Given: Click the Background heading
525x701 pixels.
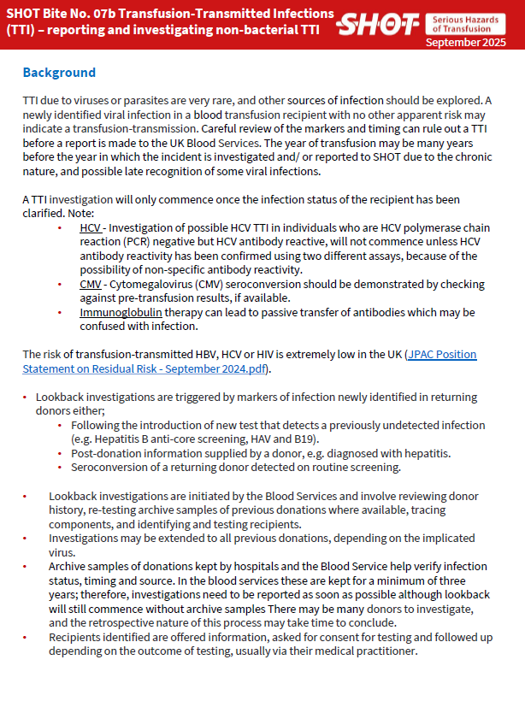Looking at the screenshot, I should point(59,73).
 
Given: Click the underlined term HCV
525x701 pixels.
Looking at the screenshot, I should point(90,228).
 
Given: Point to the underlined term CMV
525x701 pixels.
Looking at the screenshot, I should point(91,284).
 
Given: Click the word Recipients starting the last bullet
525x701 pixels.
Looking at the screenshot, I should point(78,637).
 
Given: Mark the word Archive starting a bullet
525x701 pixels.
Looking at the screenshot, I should point(71,567).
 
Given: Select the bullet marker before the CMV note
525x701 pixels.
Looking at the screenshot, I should point(59,284).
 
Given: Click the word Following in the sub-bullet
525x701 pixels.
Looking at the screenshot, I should point(97,425).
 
